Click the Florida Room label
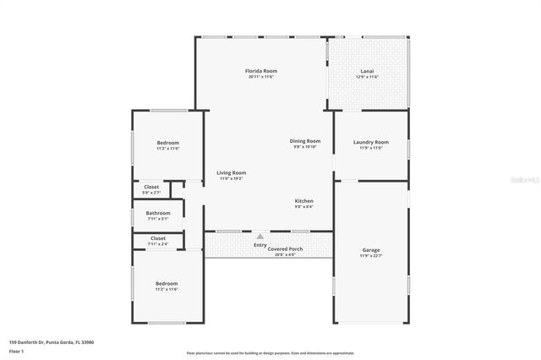click(261, 70)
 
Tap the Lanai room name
click(367, 70)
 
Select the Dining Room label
click(305, 140)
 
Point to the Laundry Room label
click(370, 142)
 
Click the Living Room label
click(231, 172)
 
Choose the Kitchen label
click(303, 200)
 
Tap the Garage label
click(370, 250)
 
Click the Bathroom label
click(158, 213)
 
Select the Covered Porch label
click(285, 249)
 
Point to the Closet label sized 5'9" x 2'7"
click(151, 187)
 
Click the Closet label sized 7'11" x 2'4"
click(158, 238)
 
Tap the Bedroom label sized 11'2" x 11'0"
click(167, 143)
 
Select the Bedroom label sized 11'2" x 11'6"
click(167, 283)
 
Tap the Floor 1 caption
click(18, 351)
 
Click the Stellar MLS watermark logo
click(523, 179)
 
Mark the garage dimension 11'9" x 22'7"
click(370, 256)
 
